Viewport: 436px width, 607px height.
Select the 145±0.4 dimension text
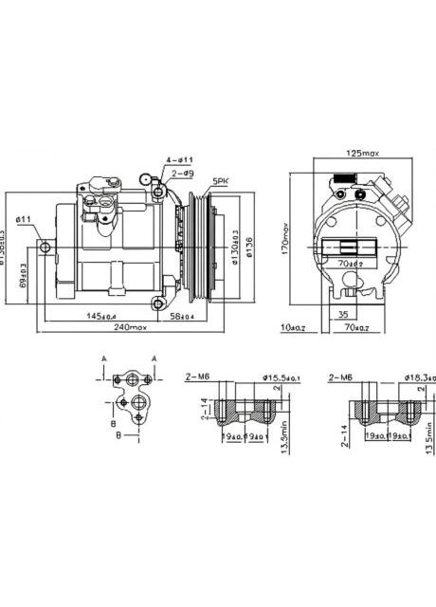coord(99,316)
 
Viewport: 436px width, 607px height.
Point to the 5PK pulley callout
coord(220,180)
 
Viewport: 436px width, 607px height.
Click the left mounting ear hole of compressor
coord(45,248)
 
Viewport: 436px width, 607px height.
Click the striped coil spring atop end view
coord(342,177)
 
